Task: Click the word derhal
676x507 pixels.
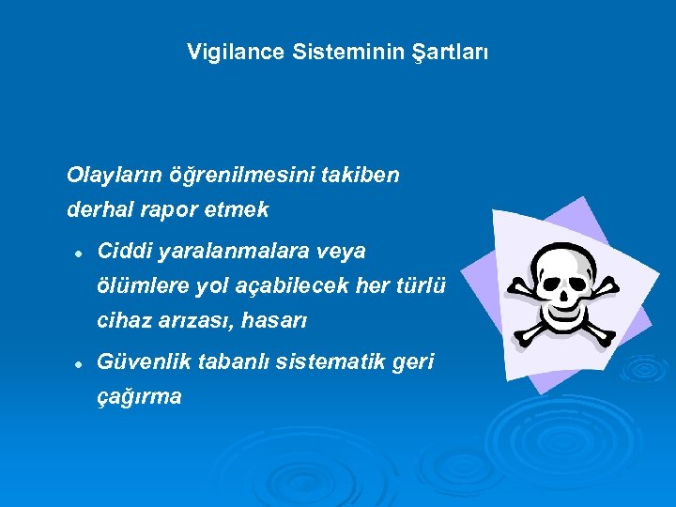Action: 97,210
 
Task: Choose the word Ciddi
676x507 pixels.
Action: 125,252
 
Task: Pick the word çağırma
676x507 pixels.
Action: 140,397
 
